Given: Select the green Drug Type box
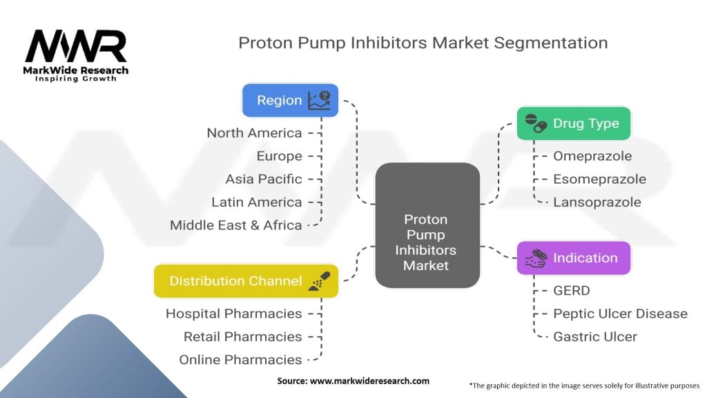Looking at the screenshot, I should (x=574, y=124).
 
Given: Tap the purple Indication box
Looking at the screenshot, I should (x=574, y=258).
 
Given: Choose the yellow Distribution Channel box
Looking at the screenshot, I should (x=246, y=281).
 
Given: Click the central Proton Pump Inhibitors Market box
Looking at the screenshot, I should (x=427, y=225).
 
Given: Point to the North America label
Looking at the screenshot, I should (x=254, y=133).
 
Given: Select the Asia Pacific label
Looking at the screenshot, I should (x=263, y=179).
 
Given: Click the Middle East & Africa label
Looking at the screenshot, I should (x=235, y=225).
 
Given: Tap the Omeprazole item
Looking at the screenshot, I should (x=592, y=156).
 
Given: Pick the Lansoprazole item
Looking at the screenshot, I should (x=597, y=202).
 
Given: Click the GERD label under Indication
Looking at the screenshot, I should (x=572, y=291).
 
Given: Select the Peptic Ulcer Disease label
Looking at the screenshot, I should (x=620, y=314).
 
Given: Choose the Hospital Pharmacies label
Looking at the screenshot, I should (x=233, y=314).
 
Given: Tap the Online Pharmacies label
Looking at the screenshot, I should (x=240, y=359).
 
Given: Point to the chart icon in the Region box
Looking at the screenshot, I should (x=319, y=101).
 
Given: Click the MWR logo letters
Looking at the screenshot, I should (x=76, y=48).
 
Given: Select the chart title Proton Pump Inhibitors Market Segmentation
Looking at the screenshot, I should (x=423, y=43).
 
